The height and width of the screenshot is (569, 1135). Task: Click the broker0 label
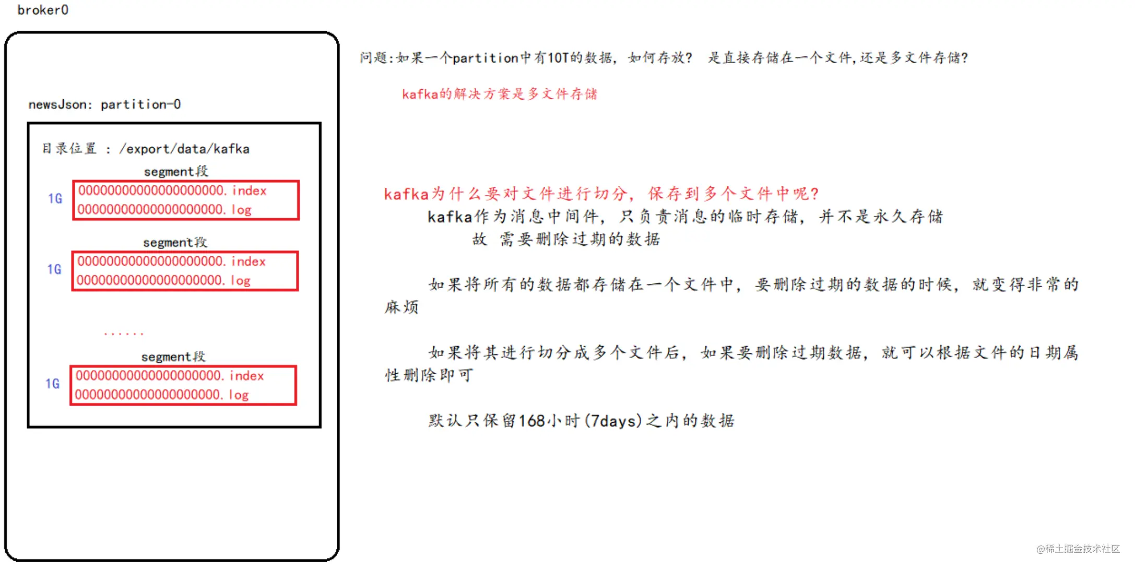[43, 10]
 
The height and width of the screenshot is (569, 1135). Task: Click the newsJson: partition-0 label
[104, 104]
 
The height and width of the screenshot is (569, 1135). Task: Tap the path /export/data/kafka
[184, 149]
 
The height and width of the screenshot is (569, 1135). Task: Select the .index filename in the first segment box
[172, 191]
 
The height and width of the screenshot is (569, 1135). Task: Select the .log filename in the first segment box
[164, 210]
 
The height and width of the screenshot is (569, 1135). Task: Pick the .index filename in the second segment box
[171, 262]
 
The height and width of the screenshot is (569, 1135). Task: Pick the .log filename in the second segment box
[163, 280]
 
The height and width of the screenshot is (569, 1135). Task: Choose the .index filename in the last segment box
[170, 376]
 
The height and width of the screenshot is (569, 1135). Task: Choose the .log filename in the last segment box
[162, 395]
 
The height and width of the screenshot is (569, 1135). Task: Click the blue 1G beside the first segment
[55, 199]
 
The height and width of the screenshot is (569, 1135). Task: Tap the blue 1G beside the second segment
[54, 269]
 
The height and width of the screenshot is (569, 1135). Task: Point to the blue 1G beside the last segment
[52, 384]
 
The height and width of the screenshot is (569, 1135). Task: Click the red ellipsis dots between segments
[123, 333]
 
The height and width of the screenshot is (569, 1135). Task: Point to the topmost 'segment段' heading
[176, 171]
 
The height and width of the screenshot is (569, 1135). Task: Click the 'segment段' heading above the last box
[173, 357]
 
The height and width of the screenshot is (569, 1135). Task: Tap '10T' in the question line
[558, 57]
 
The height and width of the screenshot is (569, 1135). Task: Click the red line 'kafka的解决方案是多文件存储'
[500, 94]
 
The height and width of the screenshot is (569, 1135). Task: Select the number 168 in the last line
[532, 421]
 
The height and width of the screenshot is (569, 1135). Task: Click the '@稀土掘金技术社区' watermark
[1078, 549]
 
